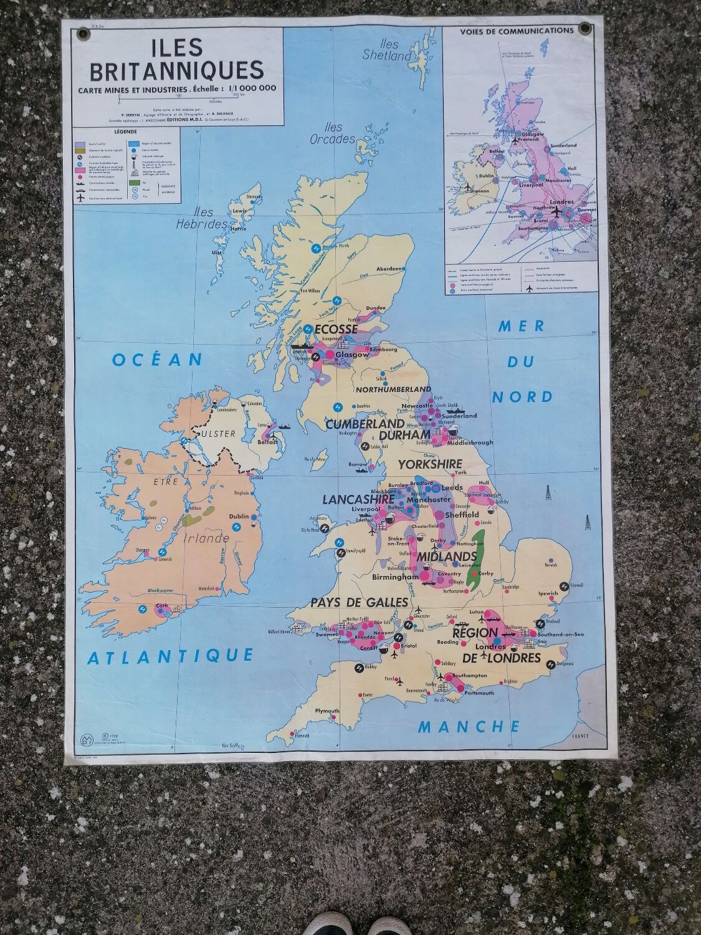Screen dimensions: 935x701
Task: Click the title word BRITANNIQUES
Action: click(177, 70)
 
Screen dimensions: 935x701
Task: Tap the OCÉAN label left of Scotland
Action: click(158, 360)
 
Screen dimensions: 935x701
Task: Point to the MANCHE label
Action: click(469, 726)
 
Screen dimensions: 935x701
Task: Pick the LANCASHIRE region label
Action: click(358, 499)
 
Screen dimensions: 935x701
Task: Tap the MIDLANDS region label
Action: click(447, 556)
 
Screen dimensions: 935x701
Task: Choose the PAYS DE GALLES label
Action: click(360, 602)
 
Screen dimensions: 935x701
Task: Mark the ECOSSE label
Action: click(337, 329)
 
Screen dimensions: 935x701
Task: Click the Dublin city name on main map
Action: click(239, 517)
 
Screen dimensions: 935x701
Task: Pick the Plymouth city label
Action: click(327, 711)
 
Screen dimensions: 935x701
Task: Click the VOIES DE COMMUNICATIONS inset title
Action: click(517, 30)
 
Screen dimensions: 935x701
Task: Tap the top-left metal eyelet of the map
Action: click(81, 32)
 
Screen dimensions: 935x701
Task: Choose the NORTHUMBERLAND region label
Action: click(384, 389)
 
